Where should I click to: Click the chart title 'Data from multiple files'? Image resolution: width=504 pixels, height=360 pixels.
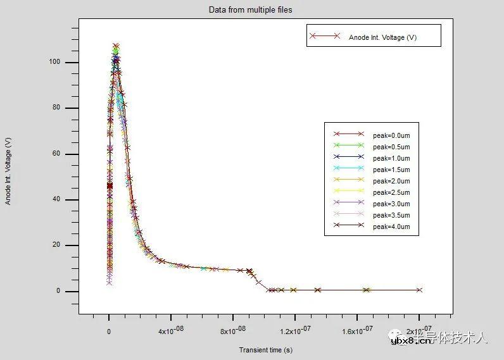click(251, 10)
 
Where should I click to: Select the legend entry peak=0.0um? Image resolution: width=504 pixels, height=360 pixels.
click(391, 135)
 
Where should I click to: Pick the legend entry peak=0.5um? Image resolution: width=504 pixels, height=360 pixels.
click(391, 147)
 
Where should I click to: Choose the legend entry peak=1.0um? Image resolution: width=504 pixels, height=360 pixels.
click(391, 158)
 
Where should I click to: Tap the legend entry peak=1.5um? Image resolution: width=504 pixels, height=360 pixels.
click(391, 170)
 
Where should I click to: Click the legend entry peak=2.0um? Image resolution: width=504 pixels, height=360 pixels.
click(391, 181)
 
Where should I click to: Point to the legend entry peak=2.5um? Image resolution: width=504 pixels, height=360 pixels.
click(391, 192)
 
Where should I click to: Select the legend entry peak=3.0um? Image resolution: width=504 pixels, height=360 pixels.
click(391, 204)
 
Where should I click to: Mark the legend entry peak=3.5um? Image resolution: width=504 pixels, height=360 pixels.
click(391, 215)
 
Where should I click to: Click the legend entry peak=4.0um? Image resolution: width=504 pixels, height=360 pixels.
click(391, 227)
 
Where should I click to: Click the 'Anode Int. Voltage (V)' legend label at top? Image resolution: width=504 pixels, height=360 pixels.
click(382, 37)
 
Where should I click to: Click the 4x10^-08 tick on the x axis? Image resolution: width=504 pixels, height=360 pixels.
click(171, 330)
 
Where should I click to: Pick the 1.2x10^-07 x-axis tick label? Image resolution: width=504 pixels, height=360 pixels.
click(294, 330)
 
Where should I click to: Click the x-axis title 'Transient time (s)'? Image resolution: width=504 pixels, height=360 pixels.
click(265, 350)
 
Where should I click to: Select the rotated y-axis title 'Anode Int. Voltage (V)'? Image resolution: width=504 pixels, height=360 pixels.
click(9, 171)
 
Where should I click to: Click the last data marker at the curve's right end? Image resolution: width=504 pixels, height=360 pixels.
click(419, 290)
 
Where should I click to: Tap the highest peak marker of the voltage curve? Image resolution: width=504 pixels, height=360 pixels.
click(116, 46)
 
